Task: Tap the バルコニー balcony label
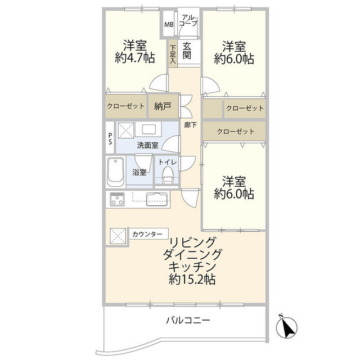188,321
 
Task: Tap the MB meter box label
169,24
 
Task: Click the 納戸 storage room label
164,106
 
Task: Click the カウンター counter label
147,234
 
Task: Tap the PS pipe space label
110,138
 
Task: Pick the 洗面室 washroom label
147,145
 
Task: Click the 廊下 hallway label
190,125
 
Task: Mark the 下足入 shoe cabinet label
173,55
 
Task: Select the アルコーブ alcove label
189,21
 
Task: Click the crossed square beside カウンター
118,235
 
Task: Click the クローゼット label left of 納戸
125,106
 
